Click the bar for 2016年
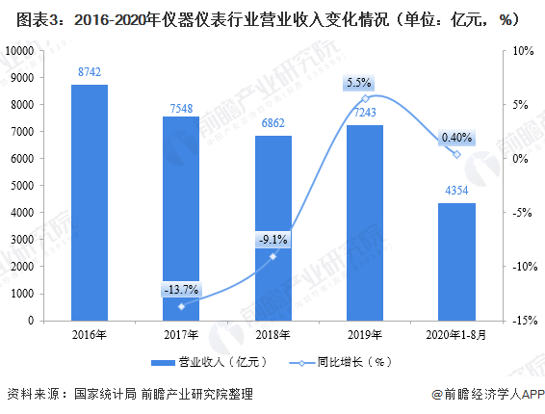tap(89, 202)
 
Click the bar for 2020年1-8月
tap(456, 261)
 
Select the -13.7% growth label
tap(180, 289)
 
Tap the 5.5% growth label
tap(364, 84)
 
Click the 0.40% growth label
tap(455, 138)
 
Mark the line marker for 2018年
tap(272, 256)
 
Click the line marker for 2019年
tap(364, 98)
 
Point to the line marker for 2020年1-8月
tap(456, 154)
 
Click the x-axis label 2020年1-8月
tap(456, 335)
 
